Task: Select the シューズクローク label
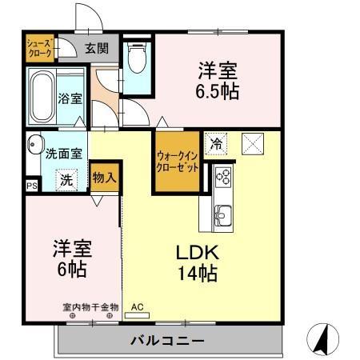[39, 49]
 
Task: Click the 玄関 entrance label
[97, 50]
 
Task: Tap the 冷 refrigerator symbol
[215, 144]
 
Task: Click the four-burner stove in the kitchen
[222, 176]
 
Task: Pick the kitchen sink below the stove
[222, 214]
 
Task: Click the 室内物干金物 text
[90, 306]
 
